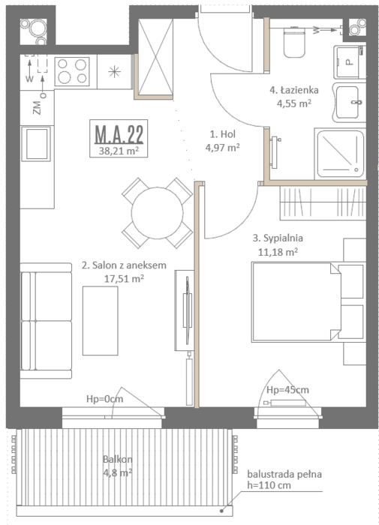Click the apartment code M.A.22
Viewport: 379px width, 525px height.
(119, 133)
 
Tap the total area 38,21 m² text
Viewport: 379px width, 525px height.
(119, 151)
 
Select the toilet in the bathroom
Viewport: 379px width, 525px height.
(294, 42)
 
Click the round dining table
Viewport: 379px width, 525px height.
(157, 212)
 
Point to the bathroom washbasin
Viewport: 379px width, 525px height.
(348, 102)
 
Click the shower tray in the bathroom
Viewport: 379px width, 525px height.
(340, 154)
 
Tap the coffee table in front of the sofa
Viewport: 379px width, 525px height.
(101, 320)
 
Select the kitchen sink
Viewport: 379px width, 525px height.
(37, 144)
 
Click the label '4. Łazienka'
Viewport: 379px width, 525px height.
(294, 90)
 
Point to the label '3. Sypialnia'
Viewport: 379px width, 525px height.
(278, 238)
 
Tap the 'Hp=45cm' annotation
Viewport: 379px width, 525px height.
(287, 390)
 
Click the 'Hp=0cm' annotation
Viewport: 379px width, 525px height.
(105, 399)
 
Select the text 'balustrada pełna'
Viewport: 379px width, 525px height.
(284, 474)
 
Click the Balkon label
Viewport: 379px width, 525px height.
(118, 459)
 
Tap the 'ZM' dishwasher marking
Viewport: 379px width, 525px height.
(38, 108)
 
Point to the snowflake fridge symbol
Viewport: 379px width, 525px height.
(114, 72)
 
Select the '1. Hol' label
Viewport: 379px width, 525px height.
(222, 134)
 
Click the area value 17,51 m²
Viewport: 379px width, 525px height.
(124, 278)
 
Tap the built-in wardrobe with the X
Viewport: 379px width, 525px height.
(155, 57)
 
